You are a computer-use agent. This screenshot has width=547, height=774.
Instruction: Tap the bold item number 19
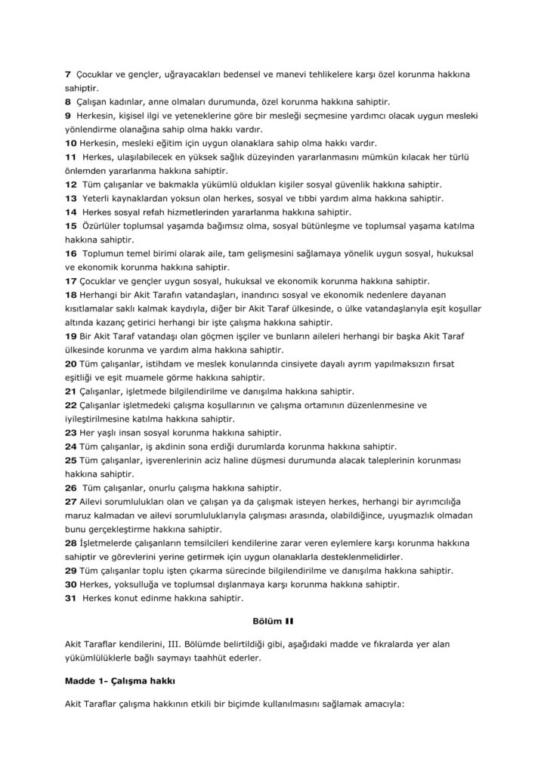click(71, 336)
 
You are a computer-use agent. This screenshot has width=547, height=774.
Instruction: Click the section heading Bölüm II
click(272, 624)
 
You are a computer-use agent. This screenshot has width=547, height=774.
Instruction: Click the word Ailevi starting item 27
click(93, 502)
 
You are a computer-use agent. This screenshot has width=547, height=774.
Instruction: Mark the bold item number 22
click(71, 405)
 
